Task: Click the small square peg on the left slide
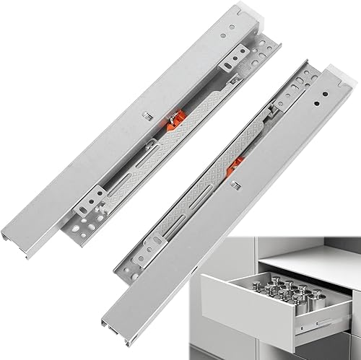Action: pos(145,116)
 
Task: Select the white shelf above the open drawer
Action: pos(289,245)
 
